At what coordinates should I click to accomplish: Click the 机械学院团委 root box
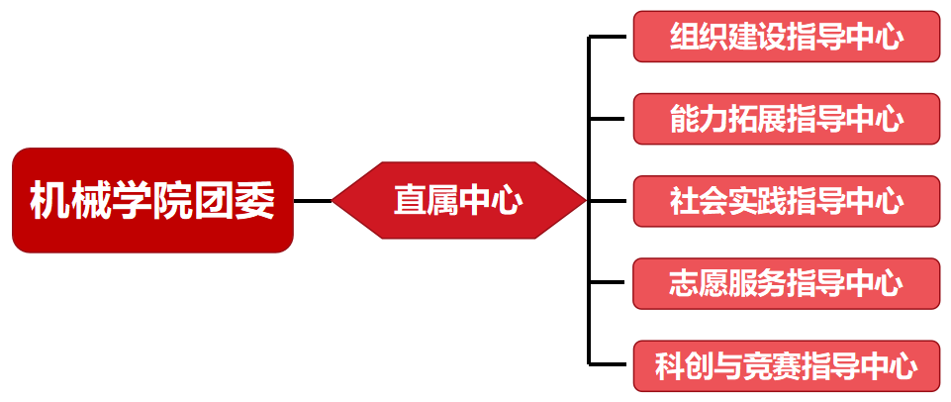152,201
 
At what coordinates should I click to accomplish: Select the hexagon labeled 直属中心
458,201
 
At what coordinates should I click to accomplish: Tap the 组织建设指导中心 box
786,37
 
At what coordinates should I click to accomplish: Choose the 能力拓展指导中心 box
786,119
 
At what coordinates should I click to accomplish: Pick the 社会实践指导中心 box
786,201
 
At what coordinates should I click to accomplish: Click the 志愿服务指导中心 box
786,283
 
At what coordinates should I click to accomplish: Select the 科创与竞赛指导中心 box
786,365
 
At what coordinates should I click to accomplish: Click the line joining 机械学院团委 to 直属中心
313,201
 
